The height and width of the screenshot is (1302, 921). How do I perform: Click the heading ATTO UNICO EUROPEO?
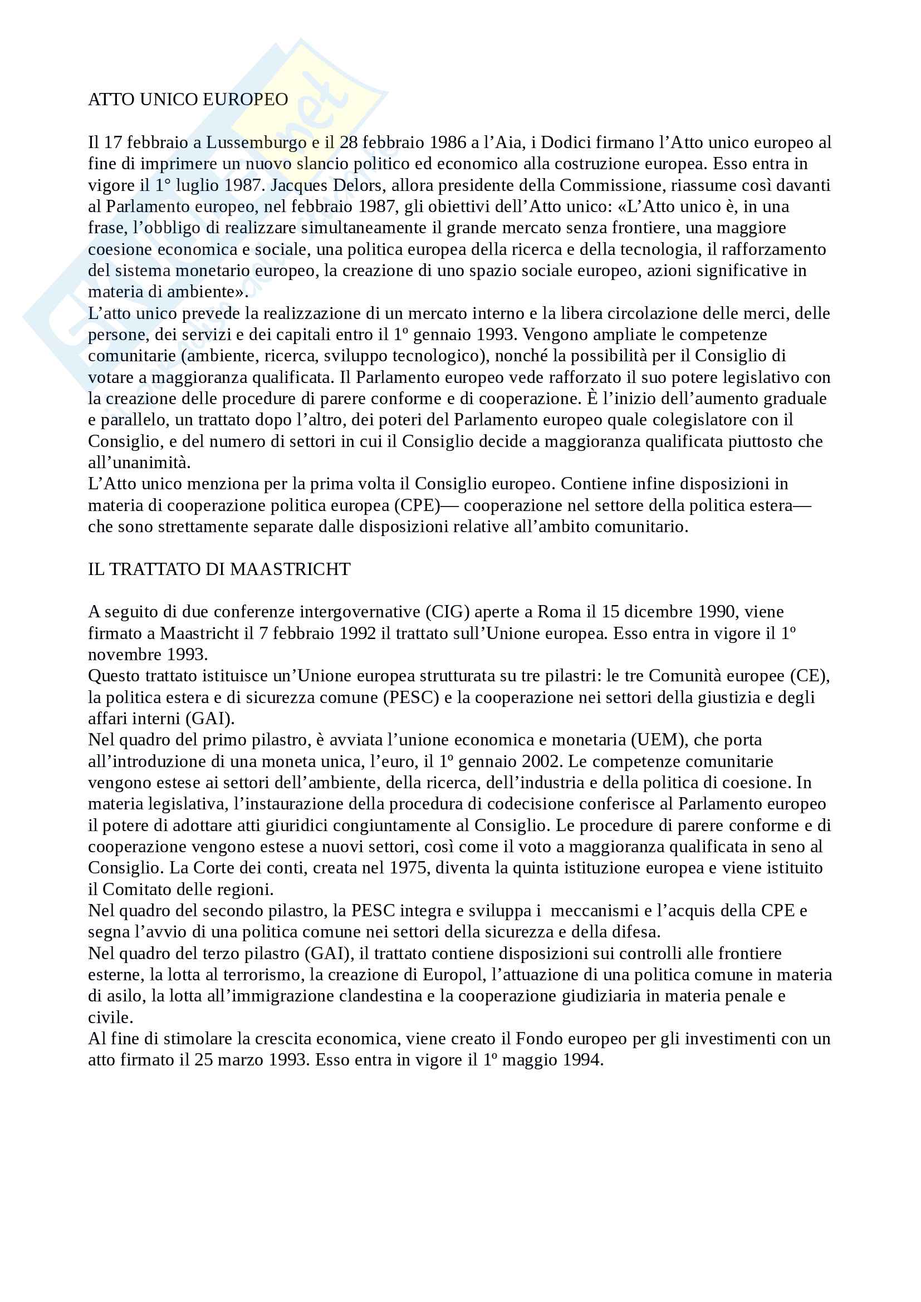point(188,100)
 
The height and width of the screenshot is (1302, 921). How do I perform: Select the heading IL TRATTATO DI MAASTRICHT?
point(219,569)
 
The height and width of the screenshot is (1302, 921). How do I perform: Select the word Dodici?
point(566,143)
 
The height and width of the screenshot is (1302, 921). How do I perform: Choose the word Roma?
point(559,612)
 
